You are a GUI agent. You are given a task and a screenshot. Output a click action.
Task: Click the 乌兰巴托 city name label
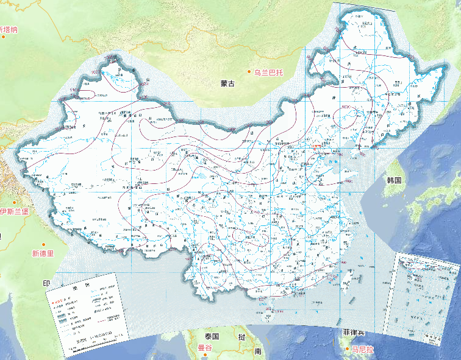(269, 72)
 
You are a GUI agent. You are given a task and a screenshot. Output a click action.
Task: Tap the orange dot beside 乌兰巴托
(249, 72)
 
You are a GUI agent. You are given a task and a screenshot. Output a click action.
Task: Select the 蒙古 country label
(227, 84)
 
